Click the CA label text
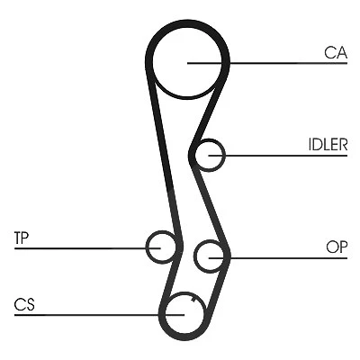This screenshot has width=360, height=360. pyautogui.click(x=336, y=52)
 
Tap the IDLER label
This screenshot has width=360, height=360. pyautogui.click(x=328, y=145)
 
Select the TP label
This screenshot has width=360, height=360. pyautogui.click(x=21, y=238)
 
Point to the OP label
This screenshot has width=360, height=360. pyautogui.click(x=337, y=247)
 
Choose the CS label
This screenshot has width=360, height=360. pyautogui.click(x=24, y=304)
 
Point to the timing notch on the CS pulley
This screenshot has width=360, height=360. pyautogui.click(x=193, y=299)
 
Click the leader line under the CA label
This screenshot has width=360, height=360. pyautogui.click(x=267, y=63)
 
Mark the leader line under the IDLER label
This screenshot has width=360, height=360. pyautogui.click(x=278, y=156)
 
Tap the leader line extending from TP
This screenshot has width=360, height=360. pyautogui.click(x=87, y=248)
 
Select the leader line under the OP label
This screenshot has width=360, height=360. pyautogui.click(x=278, y=258)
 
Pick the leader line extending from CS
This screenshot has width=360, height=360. pyautogui.click(x=99, y=315)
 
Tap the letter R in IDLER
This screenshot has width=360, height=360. pyautogui.click(x=343, y=145)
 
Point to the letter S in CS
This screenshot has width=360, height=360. pyautogui.click(x=31, y=304)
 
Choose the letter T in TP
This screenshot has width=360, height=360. pyautogui.click(x=18, y=238)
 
